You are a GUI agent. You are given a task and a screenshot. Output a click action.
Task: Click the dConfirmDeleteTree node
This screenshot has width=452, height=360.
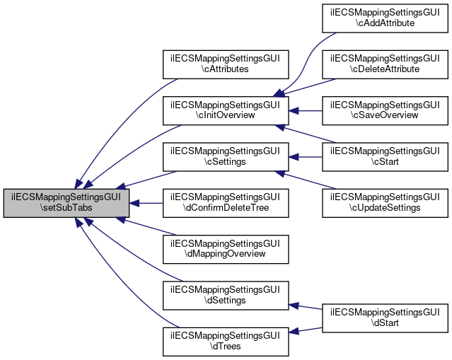226,203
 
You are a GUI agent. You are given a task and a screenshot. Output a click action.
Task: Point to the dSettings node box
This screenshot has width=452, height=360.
226,295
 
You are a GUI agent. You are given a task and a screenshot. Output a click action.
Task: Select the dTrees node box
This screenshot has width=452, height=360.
226,341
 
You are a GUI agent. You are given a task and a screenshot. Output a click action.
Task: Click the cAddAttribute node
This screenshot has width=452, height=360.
385,18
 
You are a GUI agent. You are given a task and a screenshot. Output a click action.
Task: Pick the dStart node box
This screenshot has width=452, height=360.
385,318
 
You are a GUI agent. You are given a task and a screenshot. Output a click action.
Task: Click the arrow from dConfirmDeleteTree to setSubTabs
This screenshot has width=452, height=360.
146,203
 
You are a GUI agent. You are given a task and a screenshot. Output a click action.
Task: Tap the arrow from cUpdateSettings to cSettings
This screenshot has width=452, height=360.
305,180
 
